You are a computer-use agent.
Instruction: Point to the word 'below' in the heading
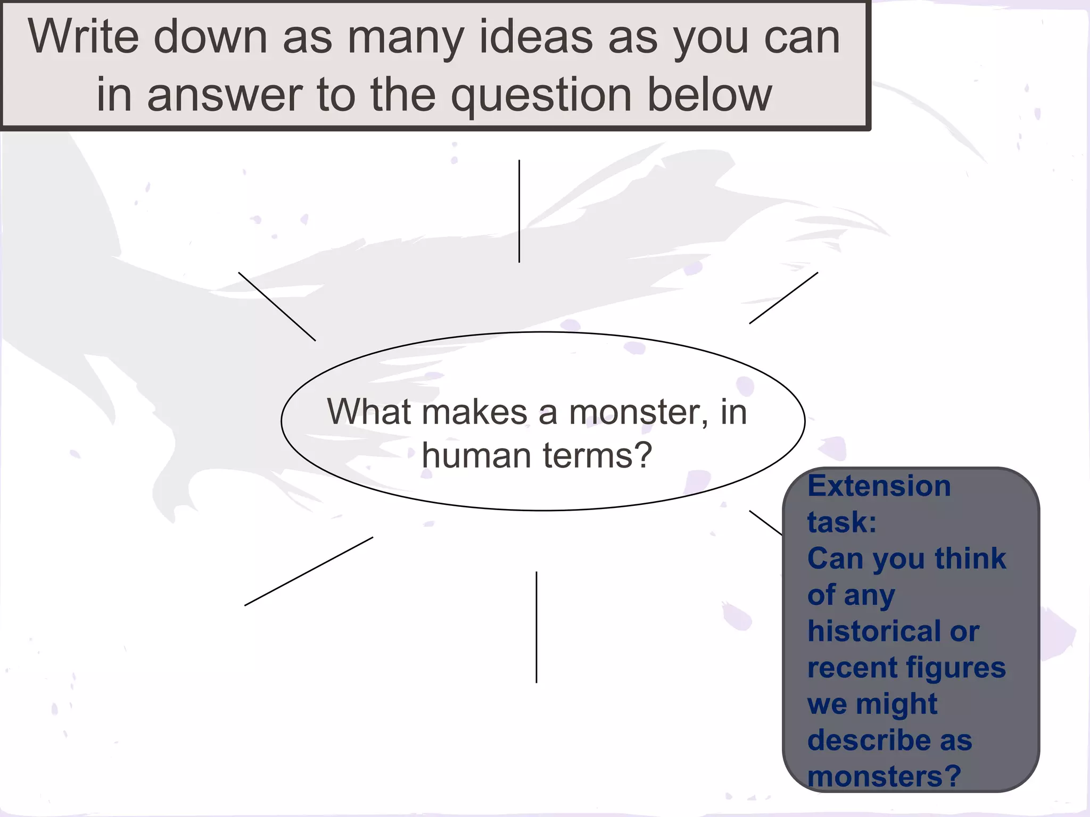709,95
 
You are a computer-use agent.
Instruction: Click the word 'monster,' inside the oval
639,412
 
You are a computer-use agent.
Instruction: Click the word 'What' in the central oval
369,411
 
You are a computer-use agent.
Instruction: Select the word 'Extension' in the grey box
879,486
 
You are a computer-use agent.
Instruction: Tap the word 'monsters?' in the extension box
884,776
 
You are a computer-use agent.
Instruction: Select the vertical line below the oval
536,627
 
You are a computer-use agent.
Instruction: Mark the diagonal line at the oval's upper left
277,306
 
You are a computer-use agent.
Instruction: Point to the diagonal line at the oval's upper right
783,298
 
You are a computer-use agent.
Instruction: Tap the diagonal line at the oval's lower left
309,571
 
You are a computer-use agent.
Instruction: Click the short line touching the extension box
765,522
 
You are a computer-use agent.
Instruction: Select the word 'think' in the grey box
970,558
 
